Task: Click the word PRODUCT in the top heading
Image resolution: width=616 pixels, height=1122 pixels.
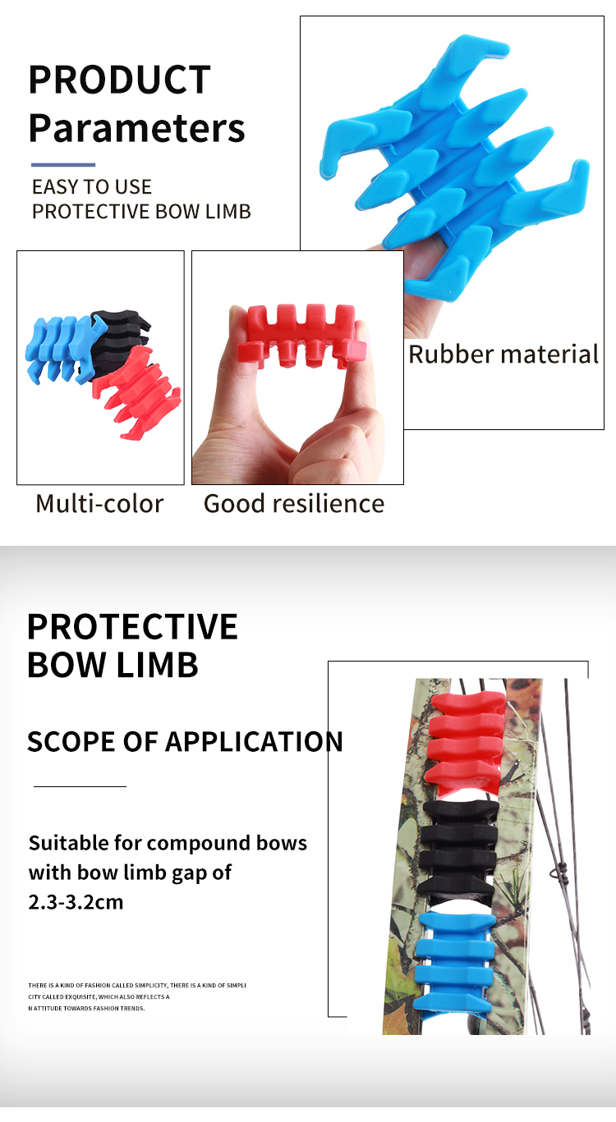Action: tap(120, 80)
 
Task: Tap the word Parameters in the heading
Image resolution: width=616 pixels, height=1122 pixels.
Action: tap(137, 129)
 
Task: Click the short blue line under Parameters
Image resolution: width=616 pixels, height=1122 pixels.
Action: tap(63, 165)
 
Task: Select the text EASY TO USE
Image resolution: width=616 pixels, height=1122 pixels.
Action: tap(92, 187)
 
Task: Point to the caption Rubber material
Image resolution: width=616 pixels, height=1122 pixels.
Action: tap(503, 355)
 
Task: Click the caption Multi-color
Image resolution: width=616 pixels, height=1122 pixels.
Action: tap(99, 503)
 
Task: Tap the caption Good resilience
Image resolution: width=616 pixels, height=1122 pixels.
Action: tap(294, 503)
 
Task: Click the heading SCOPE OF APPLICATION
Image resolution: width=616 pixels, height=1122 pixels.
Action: tap(185, 742)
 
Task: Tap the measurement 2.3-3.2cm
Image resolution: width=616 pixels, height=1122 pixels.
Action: tap(76, 902)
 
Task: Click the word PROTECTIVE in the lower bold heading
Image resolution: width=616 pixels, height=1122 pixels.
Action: tap(132, 627)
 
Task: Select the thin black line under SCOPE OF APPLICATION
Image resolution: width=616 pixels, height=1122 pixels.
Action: tap(80, 786)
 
